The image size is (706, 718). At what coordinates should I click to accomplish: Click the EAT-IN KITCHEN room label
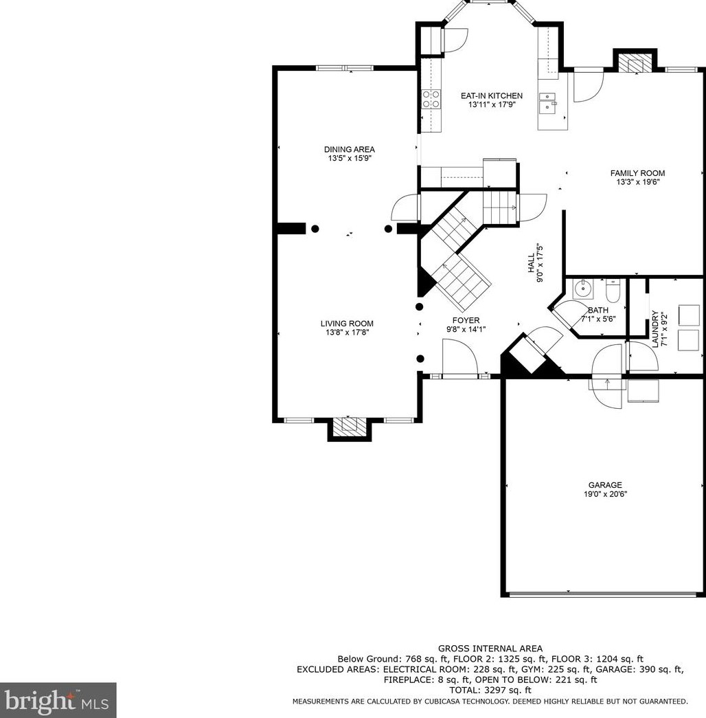pyautogui.click(x=491, y=96)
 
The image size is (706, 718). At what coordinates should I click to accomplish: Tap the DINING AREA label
pyautogui.click(x=350, y=149)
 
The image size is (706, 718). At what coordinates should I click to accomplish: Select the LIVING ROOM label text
pyautogui.click(x=347, y=324)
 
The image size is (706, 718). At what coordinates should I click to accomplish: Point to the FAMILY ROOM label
pyautogui.click(x=637, y=173)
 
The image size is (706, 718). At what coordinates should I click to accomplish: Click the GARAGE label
pyautogui.click(x=605, y=485)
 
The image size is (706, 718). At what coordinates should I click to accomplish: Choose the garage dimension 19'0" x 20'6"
pyautogui.click(x=605, y=494)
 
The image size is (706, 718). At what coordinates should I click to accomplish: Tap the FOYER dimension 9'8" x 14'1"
pyautogui.click(x=466, y=329)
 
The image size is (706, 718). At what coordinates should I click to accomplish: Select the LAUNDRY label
pyautogui.click(x=655, y=329)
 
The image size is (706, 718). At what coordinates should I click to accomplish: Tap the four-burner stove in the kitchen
pyautogui.click(x=431, y=99)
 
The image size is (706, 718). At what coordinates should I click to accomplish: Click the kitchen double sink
pyautogui.click(x=547, y=102)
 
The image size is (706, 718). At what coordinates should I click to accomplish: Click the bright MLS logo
pyautogui.click(x=58, y=700)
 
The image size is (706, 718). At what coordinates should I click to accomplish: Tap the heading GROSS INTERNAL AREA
pyautogui.click(x=490, y=649)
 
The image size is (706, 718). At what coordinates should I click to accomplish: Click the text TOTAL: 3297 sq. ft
pyautogui.click(x=490, y=690)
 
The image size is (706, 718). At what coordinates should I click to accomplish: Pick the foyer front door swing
pyautogui.click(x=460, y=357)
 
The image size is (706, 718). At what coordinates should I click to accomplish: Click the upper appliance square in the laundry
pyautogui.click(x=689, y=315)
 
